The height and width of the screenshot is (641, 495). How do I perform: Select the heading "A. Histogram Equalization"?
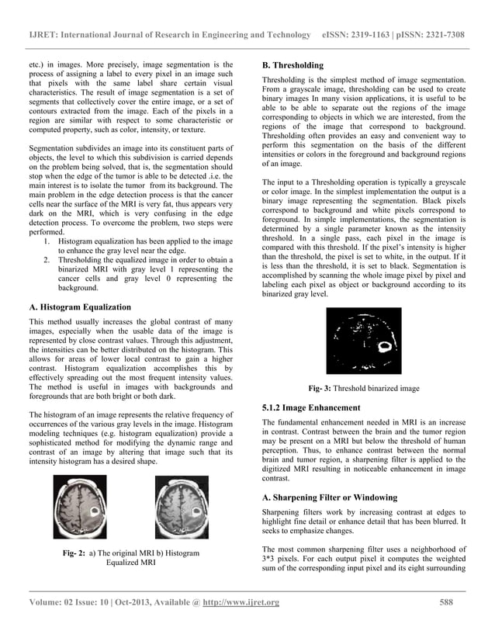pyautogui.click(x=79, y=307)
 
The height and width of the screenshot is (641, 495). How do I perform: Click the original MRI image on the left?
pyautogui.click(x=80, y=507)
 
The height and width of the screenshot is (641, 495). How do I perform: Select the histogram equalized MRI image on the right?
pyautogui.click(x=182, y=507)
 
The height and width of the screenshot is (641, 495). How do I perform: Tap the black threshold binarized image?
pyautogui.click(x=364, y=340)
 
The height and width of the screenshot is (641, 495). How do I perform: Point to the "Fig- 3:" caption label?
pyautogui.click(x=320, y=388)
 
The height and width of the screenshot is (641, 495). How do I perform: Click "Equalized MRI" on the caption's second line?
pyautogui.click(x=131, y=563)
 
